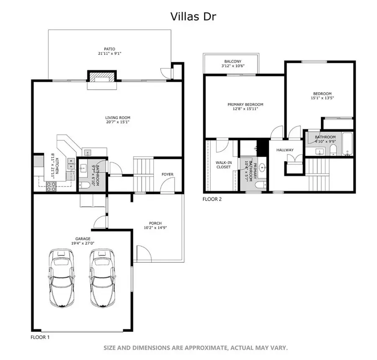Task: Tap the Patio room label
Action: click(110, 49)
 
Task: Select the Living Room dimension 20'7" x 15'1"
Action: click(112, 122)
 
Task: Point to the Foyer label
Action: click(168, 174)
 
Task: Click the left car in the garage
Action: click(62, 278)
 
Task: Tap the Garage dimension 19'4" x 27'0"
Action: click(83, 243)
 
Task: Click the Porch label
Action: click(155, 223)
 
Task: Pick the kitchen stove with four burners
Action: click(52, 186)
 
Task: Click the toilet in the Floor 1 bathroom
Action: click(84, 184)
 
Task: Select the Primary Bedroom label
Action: click(245, 104)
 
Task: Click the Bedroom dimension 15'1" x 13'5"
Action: click(322, 98)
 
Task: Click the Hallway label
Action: click(284, 150)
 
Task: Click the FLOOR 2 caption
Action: click(212, 199)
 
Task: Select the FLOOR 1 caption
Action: click(41, 337)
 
